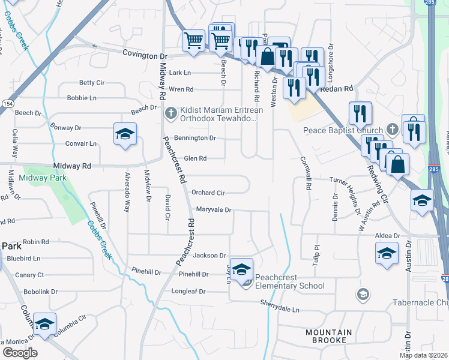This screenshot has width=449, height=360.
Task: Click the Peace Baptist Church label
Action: (335, 130)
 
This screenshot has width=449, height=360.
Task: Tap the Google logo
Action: (19, 352)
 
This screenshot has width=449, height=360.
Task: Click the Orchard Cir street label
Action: (208, 193)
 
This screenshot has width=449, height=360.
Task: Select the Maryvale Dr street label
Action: (214, 210)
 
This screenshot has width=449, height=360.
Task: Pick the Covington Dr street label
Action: (144, 54)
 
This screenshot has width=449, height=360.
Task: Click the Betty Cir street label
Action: (92, 83)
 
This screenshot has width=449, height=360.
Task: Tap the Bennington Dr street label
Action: (195, 138)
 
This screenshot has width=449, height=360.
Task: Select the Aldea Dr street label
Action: (388, 236)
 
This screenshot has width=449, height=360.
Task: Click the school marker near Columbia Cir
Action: (44, 325)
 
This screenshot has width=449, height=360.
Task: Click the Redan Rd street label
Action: (339, 89)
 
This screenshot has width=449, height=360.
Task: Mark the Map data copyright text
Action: (423, 355)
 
